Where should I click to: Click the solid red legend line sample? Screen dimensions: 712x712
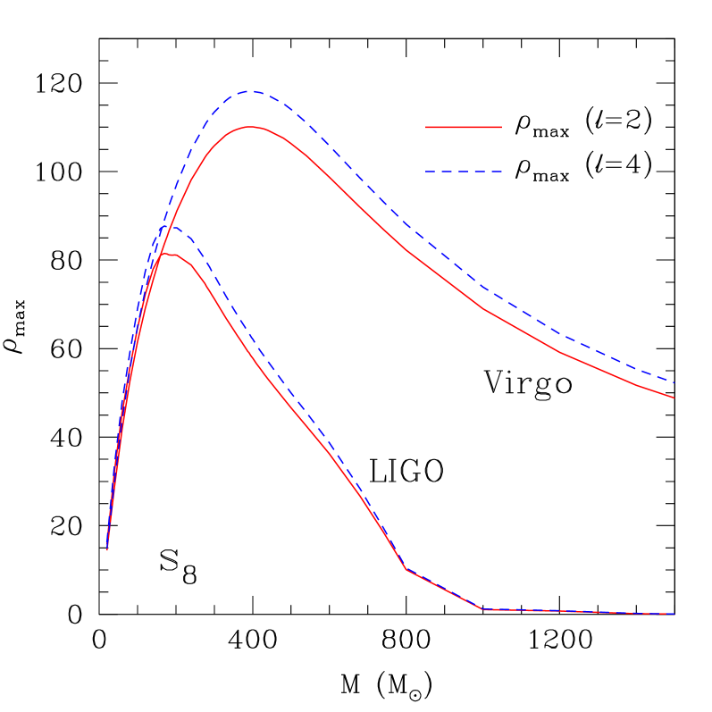coord(463,127)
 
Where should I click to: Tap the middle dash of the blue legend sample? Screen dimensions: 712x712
coord(463,172)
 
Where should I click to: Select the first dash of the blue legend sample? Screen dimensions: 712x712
coord(430,172)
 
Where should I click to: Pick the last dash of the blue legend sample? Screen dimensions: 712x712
coord(497,172)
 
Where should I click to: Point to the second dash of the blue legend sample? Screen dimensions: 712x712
coord(447,172)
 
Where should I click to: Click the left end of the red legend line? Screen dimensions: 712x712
coord(426,127)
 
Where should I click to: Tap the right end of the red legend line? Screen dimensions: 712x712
coord(501,127)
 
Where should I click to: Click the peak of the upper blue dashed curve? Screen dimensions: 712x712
coord(251,91)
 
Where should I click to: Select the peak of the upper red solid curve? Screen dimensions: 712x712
coord(251,127)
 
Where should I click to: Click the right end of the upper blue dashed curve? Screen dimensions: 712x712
coord(674,382)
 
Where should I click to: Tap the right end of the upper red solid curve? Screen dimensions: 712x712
coord(674,398)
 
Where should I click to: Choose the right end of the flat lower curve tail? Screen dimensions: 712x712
coord(674,614)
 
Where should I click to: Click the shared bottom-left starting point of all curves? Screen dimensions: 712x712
coord(107,549)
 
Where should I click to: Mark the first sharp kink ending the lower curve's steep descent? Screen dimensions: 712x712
coord(406,569)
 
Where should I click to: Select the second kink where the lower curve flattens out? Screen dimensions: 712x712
coord(483,609)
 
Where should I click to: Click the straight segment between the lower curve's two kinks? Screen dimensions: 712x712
coord(445,590)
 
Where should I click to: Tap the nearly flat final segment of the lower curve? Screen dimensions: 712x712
coord(581,612)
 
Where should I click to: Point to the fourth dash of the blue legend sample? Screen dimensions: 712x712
coord(480,172)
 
